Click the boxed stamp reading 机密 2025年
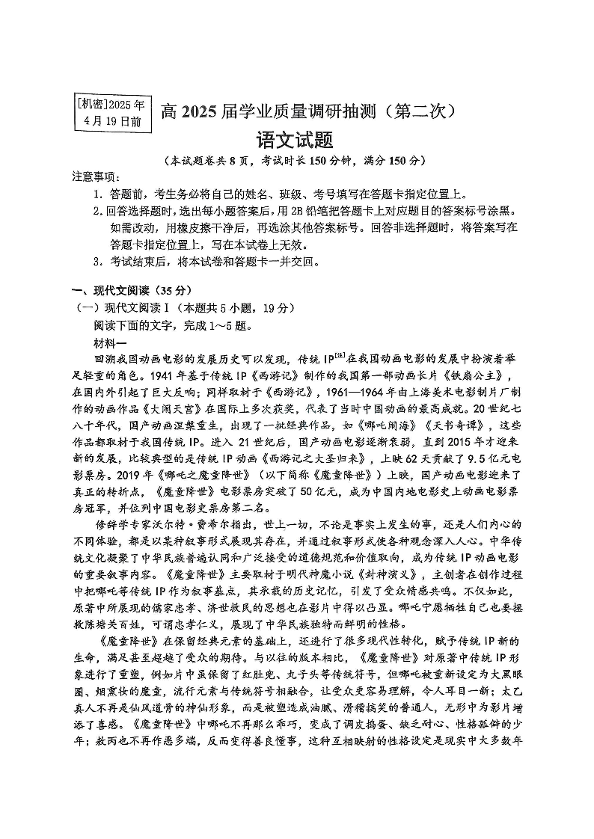(112, 111)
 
